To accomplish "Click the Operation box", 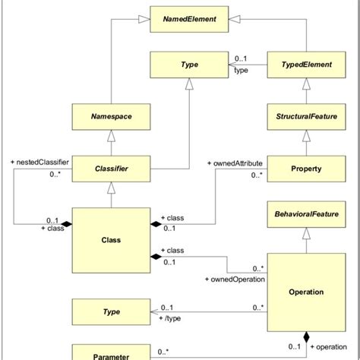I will pos(306,292).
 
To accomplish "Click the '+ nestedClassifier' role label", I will pos(39,163).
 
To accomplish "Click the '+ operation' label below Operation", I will pos(333,346).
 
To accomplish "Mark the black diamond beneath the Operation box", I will pos(306,336).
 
